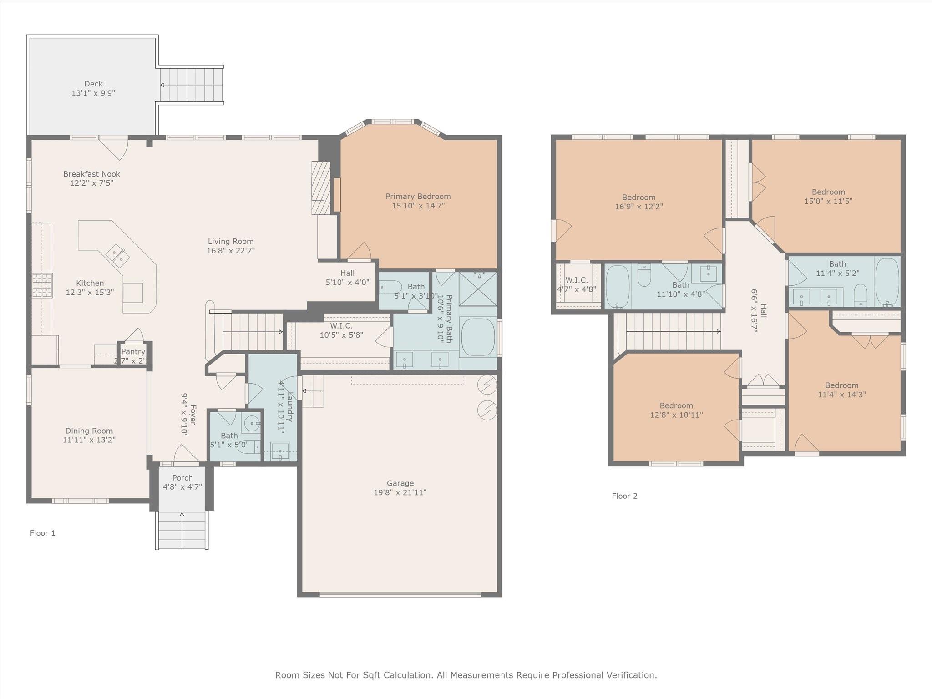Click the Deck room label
pos(93,84)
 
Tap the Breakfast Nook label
pos(91,174)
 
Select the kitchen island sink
pos(118,255)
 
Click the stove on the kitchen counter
pos(42,285)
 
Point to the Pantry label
pos(133,351)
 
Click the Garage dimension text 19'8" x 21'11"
pos(400,492)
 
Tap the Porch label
pos(182,478)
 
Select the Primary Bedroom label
pos(418,196)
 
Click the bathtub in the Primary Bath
pos(478,337)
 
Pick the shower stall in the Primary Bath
pos(478,289)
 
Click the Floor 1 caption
pos(43,533)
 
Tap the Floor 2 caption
pos(624,496)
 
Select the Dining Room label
pos(89,431)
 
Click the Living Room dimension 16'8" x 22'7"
pos(231,251)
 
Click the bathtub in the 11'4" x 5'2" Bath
pos(887,281)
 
